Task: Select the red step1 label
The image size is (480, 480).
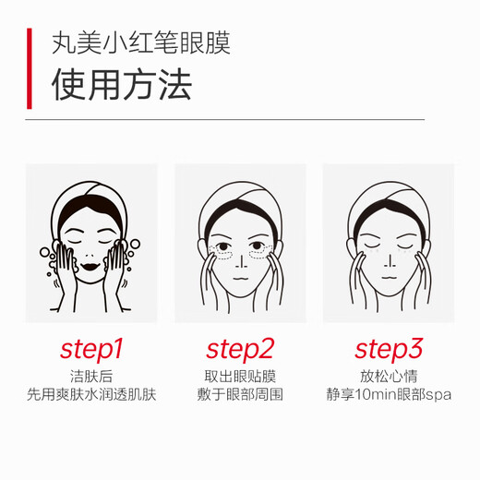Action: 91,349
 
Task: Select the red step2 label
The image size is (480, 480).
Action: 240,349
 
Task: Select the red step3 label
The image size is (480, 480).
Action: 389,349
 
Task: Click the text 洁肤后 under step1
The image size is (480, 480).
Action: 91,376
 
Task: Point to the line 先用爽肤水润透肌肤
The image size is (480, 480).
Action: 91,395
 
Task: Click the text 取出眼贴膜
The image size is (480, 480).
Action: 240,376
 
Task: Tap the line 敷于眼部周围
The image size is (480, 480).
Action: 240,395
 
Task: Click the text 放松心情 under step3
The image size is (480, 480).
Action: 389,376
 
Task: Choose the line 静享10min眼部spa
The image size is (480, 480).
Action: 389,395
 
